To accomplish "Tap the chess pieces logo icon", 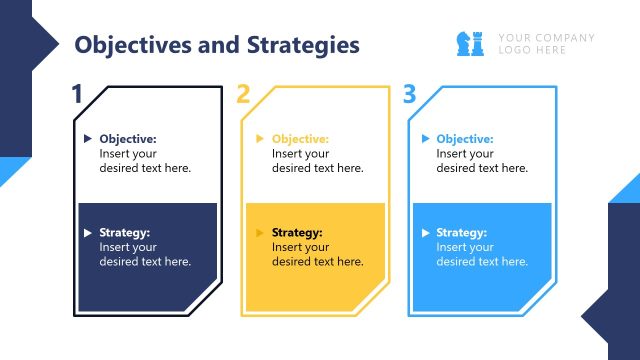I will point(471,43).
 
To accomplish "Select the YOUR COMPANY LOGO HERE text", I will point(546,44).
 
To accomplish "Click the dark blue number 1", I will point(77,95).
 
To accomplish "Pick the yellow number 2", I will point(243,95).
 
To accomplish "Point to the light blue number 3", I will point(409,95).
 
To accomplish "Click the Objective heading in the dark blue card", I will point(128,139).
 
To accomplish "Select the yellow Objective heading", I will point(300,139).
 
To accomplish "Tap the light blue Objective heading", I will point(465,139).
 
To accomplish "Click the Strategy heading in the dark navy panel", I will point(125,233).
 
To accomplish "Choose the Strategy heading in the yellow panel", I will point(297,233).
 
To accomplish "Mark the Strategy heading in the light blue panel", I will point(462,233).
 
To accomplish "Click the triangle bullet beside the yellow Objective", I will point(260,139).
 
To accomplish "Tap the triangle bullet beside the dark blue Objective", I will point(88,139).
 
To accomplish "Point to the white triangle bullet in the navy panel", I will point(88,233).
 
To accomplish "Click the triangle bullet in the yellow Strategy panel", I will point(260,233).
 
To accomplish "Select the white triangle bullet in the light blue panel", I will point(426,233).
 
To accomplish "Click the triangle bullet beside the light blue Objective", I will point(426,139).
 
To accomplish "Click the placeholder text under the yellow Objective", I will point(317,161).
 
